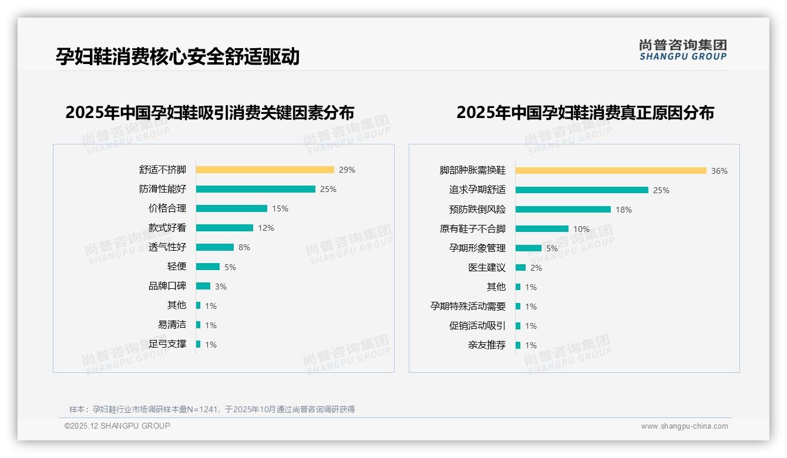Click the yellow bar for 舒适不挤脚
[265, 170]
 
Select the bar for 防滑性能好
[255, 189]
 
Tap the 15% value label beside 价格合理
[280, 208]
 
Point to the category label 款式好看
[167, 228]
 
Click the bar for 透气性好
[215, 247]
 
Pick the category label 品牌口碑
[167, 286]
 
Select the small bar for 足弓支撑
[199, 344]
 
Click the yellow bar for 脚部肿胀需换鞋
[611, 171]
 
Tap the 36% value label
[719, 171]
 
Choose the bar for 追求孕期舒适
[582, 190]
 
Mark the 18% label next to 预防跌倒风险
[624, 210]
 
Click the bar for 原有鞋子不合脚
[542, 229]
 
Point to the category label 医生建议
[487, 268]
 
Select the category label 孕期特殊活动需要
[468, 307]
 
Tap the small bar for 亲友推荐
[518, 345]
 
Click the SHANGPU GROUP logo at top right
[683, 50]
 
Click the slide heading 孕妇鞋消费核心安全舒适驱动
[178, 56]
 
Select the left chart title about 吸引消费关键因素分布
[210, 113]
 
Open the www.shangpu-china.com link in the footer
[684, 426]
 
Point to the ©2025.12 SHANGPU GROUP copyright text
[117, 426]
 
